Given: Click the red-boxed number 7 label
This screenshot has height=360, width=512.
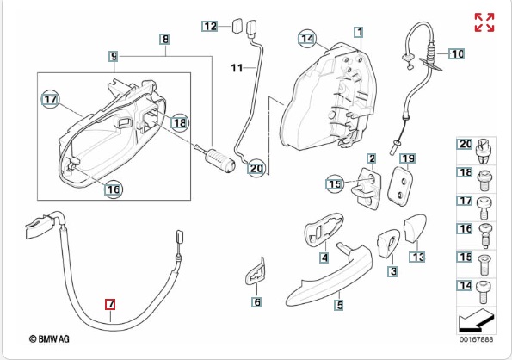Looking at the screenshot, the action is point(110,305).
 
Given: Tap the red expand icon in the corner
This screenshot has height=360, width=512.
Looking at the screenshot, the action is point(484,22).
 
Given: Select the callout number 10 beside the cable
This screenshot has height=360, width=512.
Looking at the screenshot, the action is point(456,53).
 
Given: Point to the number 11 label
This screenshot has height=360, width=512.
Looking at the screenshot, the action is point(237,68).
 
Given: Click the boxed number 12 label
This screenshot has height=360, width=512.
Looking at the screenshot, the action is point(210,26).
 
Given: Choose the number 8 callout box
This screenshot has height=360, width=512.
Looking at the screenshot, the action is point(165,40).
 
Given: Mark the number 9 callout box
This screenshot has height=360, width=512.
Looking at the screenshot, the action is point(114,57).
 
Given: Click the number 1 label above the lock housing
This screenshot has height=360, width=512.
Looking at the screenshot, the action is point(359,32).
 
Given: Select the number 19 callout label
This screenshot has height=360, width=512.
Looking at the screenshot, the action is point(408,159).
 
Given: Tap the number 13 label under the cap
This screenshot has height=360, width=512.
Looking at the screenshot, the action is point(417,258).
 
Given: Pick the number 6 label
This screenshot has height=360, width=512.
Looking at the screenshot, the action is point(257,301).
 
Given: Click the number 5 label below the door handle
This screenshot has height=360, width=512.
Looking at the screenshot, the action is point(339,305).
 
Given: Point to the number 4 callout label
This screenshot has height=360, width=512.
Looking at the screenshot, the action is point(324,258).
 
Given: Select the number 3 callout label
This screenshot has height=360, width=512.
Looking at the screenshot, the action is point(392,270).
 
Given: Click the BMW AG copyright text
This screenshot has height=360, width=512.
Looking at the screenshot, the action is point(49,339).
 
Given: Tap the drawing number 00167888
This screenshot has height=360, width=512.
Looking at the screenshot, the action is point(477,339).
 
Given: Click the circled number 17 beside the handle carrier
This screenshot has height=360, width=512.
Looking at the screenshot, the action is point(50,99).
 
